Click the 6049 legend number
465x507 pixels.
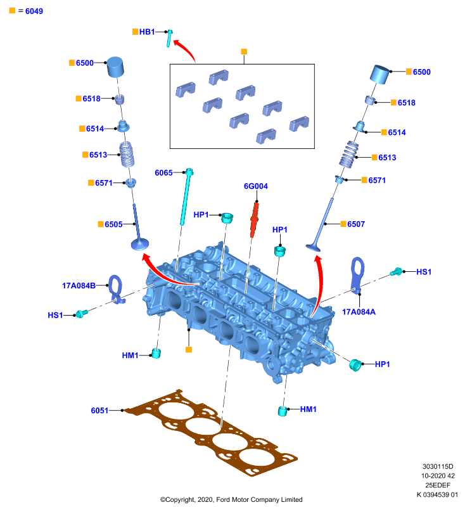[x=34, y=11]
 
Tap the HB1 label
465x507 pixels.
[x=147, y=32]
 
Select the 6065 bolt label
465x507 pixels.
[x=163, y=172]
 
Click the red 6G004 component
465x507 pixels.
[x=255, y=220]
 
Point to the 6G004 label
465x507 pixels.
[x=255, y=186]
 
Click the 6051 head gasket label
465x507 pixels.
[x=99, y=410]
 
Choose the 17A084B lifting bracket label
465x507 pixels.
[x=79, y=286]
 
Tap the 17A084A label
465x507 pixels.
[x=359, y=312]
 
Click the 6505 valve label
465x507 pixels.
[x=113, y=224]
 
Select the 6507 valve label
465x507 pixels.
[x=356, y=224]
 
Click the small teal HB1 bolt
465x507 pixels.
[x=169, y=38]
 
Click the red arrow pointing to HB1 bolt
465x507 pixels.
[x=186, y=48]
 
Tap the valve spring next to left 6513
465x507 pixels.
[x=127, y=154]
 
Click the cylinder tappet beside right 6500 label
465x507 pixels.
[x=379, y=74]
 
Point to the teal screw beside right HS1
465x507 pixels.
[x=396, y=272]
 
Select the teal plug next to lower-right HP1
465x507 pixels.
[x=355, y=365]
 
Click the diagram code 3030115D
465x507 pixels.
[x=438, y=466]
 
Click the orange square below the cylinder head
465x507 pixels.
[x=189, y=350]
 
